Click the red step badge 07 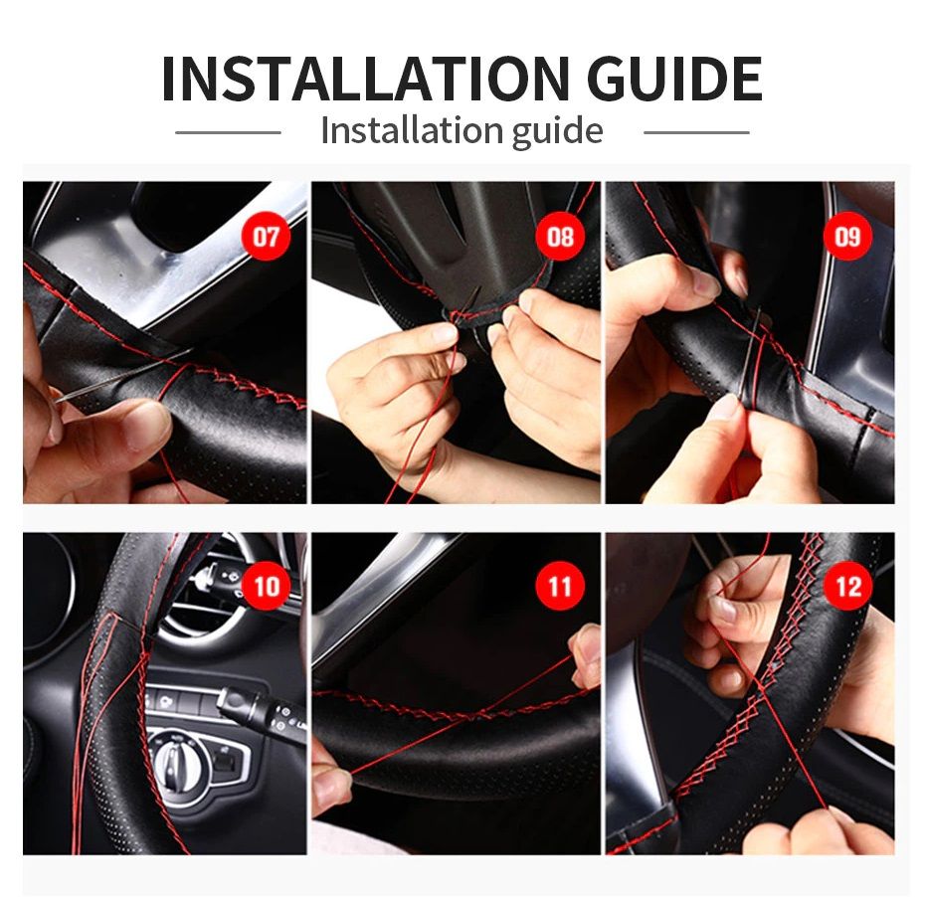267,237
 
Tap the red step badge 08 560,237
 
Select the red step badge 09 847,237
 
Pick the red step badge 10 267,586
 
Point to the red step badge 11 560,586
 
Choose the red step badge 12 847,586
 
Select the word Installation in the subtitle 411,131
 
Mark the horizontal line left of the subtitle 228,131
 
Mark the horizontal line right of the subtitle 696,131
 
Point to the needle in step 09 755,338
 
